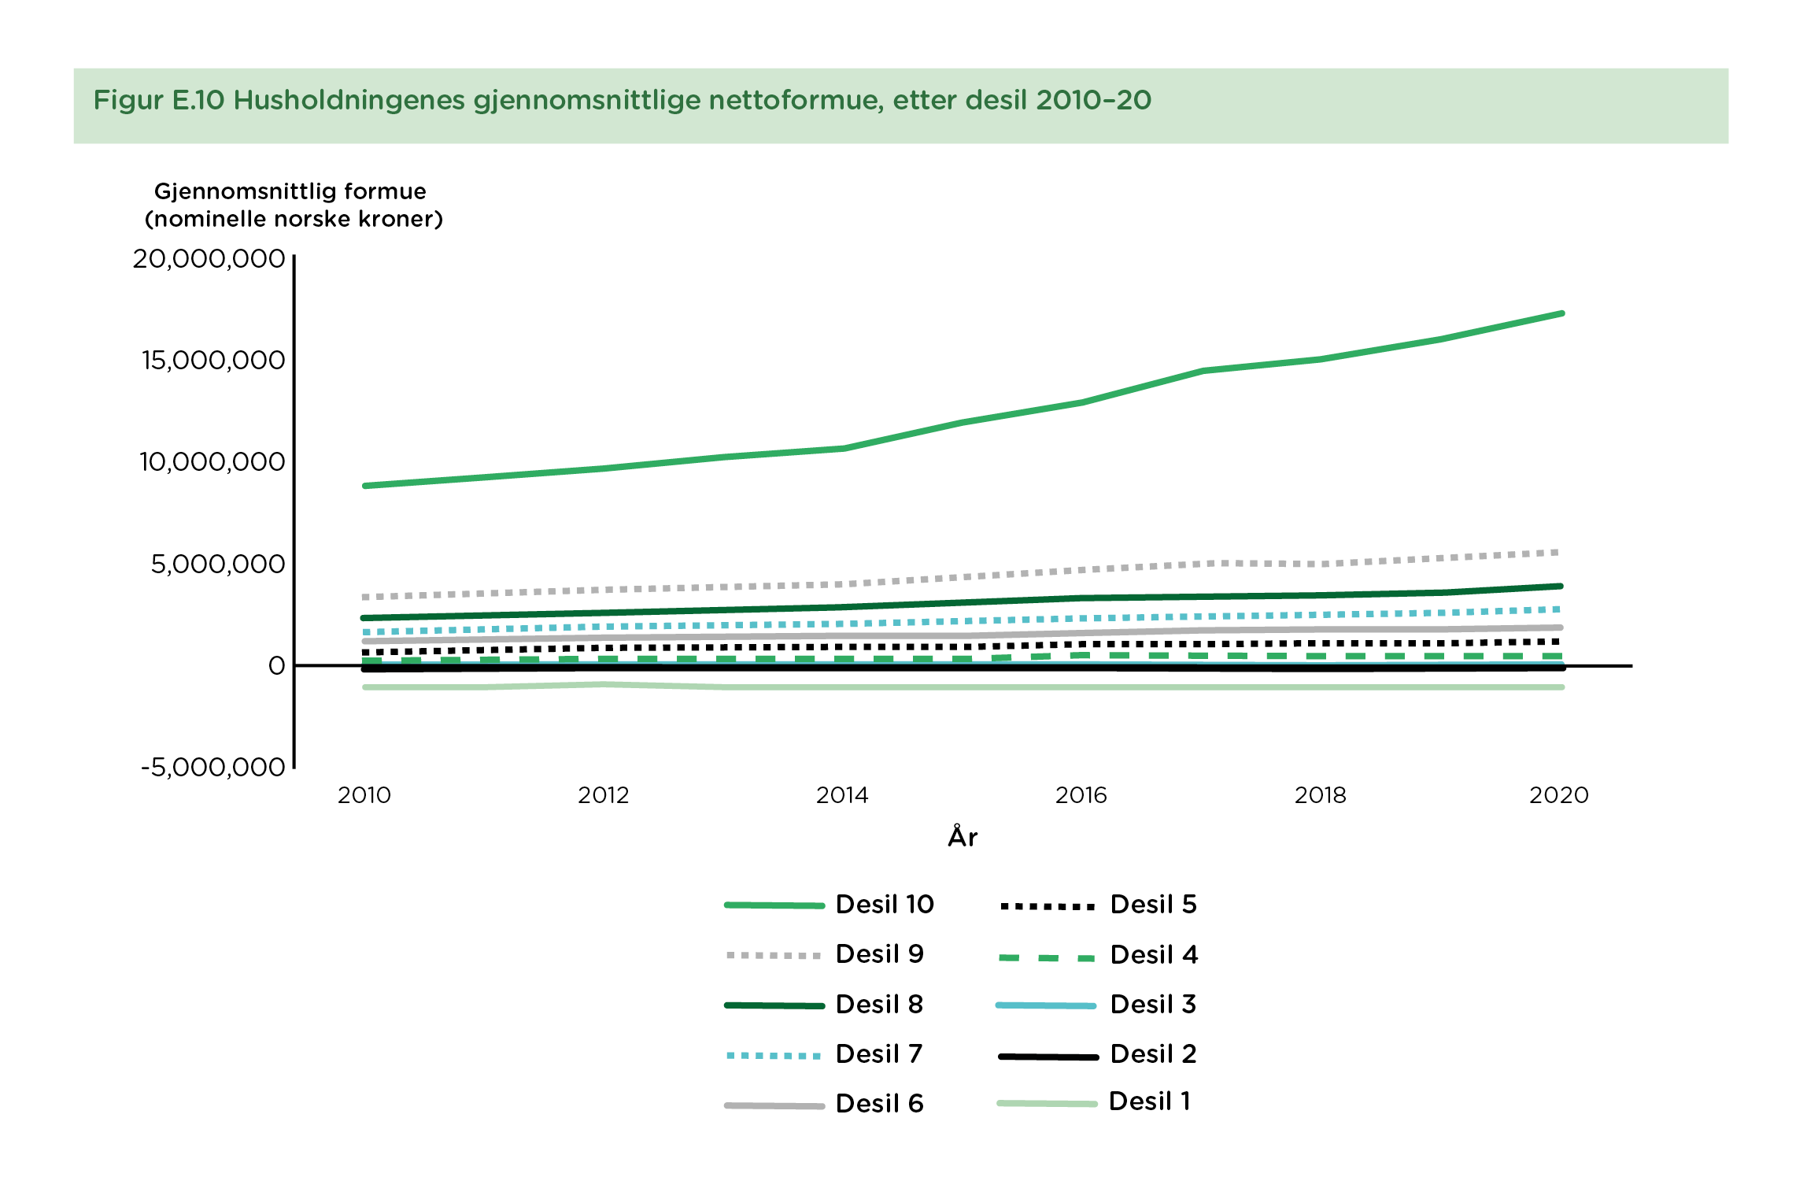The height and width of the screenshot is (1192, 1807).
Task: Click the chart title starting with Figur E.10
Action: coord(622,101)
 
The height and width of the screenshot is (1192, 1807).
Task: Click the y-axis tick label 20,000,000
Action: coord(209,259)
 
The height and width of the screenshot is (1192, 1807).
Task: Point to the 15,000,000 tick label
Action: coord(212,361)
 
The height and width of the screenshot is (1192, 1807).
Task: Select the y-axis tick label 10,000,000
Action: coord(212,462)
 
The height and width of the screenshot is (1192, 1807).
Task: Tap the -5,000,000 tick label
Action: coord(212,767)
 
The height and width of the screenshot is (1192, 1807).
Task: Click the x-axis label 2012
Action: coord(603,795)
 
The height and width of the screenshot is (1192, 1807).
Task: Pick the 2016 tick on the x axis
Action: coord(1081,795)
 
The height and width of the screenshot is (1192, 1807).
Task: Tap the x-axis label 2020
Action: coord(1558,795)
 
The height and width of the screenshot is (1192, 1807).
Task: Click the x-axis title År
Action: coord(963,836)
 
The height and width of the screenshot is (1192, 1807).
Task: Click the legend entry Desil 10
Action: coord(885,905)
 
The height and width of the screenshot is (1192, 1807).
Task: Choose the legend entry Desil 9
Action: coord(879,954)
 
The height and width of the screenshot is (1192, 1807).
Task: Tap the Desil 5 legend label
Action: coord(1153,905)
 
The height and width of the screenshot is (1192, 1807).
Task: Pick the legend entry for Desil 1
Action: coord(1149,1101)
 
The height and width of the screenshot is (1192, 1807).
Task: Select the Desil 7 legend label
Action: coord(878,1054)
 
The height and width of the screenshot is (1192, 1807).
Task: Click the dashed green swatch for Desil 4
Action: coord(1047,958)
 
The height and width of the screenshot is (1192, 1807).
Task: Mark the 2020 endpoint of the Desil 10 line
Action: coord(1561,313)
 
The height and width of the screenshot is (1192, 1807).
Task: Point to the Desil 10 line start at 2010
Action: coord(365,486)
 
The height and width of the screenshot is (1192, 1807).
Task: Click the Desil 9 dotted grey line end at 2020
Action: coord(1558,553)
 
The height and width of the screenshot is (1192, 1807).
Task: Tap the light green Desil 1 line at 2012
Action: coord(604,684)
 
